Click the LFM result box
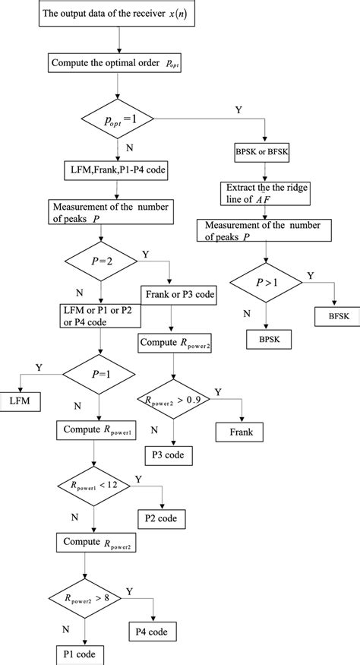tap(24, 400)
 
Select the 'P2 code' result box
tap(160, 520)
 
